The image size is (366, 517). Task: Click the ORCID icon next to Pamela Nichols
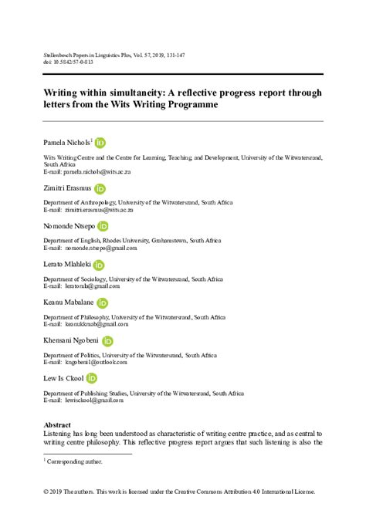pyautogui.click(x=100, y=143)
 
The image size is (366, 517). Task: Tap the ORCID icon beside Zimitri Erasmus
pyautogui.click(x=100, y=188)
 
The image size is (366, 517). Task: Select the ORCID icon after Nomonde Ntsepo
pyautogui.click(x=103, y=226)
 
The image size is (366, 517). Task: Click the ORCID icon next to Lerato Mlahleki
pyautogui.click(x=99, y=265)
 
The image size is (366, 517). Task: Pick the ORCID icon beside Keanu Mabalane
pyautogui.click(x=102, y=303)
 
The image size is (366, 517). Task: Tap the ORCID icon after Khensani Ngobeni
pyautogui.click(x=107, y=341)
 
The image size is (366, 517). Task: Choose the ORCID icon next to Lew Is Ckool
pyautogui.click(x=91, y=379)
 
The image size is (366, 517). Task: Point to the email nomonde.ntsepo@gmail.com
pyautogui.click(x=94, y=248)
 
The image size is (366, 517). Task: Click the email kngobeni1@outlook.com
pyautogui.click(x=90, y=362)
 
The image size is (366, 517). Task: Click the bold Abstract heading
pyautogui.click(x=57, y=425)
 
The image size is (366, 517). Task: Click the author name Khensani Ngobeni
pyautogui.click(x=70, y=341)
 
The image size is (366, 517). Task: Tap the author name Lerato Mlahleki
pyautogui.click(x=66, y=265)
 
